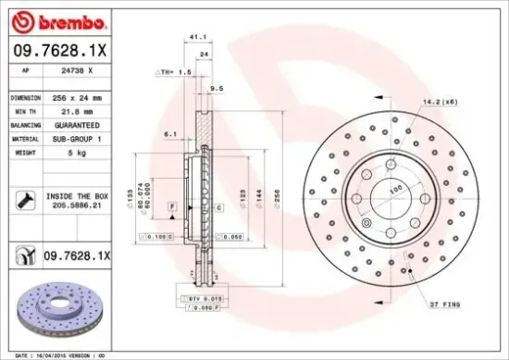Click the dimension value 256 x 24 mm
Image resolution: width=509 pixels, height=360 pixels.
(x=81, y=97)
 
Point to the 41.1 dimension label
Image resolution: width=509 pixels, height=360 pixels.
(x=196, y=38)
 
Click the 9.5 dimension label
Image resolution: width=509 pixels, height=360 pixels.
(x=217, y=89)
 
